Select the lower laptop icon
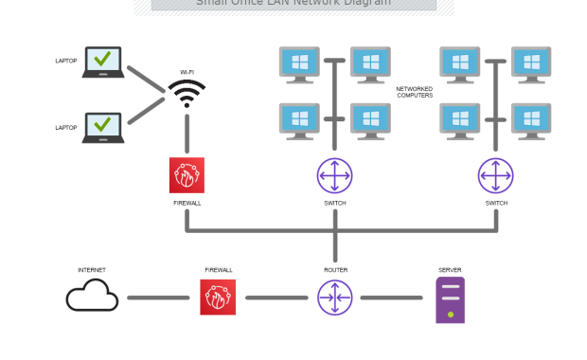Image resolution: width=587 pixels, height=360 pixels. [x=102, y=127]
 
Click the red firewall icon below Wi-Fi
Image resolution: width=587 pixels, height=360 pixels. [x=187, y=175]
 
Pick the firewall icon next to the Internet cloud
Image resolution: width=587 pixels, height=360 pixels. [x=218, y=297]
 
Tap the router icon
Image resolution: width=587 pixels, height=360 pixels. [x=334, y=297]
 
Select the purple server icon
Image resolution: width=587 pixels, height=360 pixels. [x=450, y=300]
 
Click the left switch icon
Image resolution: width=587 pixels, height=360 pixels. [x=334, y=175]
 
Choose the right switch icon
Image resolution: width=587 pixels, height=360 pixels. [x=496, y=175]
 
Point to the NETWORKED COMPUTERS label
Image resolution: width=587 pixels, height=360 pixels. [x=414, y=92]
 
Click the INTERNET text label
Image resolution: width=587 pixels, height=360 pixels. [x=92, y=270]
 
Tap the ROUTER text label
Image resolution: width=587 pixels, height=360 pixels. [x=335, y=270]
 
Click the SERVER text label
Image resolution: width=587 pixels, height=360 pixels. [x=450, y=270]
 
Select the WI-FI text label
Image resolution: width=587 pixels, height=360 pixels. [x=187, y=71]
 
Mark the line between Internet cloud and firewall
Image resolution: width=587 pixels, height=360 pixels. [x=158, y=297]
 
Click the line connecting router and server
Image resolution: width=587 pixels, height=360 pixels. [x=391, y=297]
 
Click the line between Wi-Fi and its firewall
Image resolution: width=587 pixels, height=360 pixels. [x=187, y=134]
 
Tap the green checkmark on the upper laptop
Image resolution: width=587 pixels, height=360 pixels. [x=102, y=60]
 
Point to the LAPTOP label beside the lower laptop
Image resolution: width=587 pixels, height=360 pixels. [x=66, y=127]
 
